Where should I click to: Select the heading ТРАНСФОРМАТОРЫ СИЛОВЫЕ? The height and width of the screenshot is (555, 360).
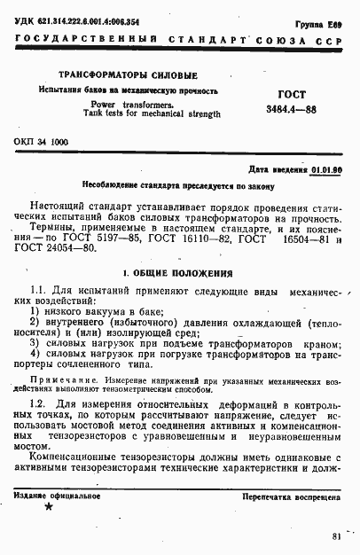coord(128,74)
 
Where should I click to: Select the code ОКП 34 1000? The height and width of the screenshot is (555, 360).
coord(42,142)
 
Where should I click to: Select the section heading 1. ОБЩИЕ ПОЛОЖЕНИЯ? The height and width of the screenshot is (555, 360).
coord(177,274)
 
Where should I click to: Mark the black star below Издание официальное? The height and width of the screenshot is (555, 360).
coord(48,508)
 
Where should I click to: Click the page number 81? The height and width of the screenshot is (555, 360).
coord(335,535)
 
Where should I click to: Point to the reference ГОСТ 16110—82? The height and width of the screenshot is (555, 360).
coord(180,239)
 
